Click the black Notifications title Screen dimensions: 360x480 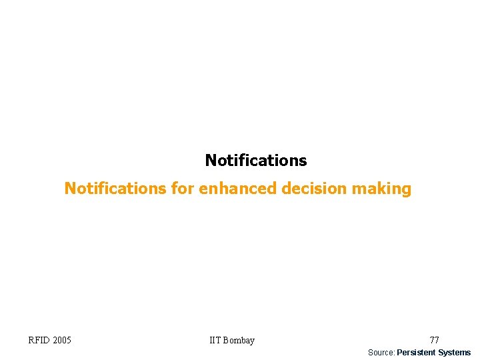click(256, 161)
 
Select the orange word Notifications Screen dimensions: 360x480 click(115, 189)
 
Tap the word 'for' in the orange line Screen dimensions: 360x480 click(182, 189)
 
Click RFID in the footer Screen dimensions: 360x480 click(39, 341)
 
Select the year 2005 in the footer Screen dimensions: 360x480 click(61, 341)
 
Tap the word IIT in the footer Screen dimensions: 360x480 click(215, 341)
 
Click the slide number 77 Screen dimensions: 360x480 click(434, 341)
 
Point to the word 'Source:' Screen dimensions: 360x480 click(382, 353)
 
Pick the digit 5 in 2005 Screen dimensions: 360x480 click(69, 341)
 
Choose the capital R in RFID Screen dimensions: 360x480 click(31, 341)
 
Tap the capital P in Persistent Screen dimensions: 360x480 click(399, 353)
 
